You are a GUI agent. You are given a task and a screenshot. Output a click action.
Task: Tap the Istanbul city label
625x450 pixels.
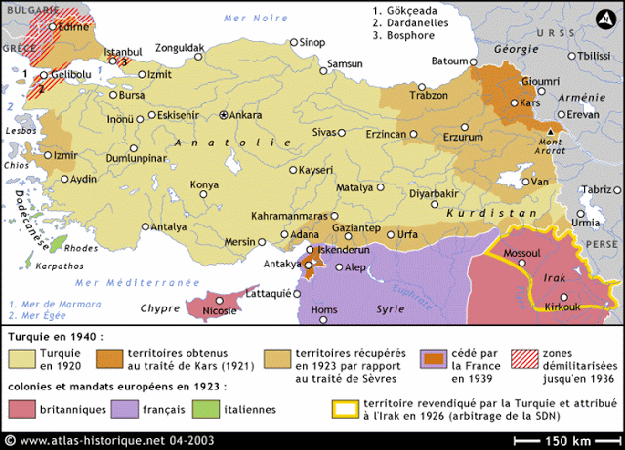[x=123, y=51]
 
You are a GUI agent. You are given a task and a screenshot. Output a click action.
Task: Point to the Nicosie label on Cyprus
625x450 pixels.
[x=219, y=312]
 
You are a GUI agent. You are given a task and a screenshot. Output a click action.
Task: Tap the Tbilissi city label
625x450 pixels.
[x=595, y=56]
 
